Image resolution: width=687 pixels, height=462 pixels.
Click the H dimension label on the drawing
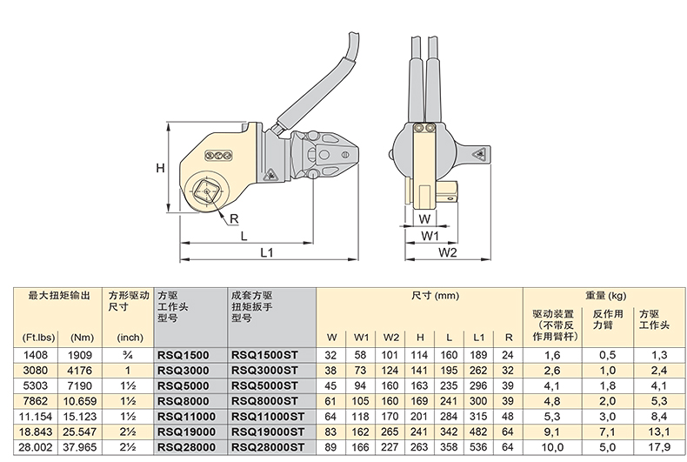pos(160,168)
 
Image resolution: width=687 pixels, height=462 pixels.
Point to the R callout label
pos(234,218)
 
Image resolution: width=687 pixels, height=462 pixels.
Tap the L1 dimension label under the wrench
pos(267,252)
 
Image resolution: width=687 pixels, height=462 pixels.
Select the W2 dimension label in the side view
pos(447,252)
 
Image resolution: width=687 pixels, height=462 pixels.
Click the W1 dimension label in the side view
pos(430,236)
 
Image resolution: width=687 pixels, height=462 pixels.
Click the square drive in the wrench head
pos(205,191)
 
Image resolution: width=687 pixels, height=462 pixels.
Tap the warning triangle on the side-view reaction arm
pos(480,154)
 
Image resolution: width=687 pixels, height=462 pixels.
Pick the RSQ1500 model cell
pos(183,355)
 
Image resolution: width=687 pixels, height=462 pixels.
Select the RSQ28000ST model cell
pos(267,447)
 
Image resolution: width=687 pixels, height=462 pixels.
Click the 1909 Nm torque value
pos(80,355)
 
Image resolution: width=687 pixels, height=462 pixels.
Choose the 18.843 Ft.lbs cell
pos(36,432)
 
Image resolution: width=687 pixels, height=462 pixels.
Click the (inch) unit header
pos(130,338)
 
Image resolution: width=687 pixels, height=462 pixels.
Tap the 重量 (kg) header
pos(606,296)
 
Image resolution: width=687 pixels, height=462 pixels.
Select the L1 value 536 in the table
pos(478,447)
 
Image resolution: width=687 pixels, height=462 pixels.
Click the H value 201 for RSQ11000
pos(419,417)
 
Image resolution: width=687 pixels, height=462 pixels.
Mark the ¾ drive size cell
pos(128,355)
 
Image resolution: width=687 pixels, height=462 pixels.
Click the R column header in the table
pos(508,338)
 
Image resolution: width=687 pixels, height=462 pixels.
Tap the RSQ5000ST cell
pos(264,385)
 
